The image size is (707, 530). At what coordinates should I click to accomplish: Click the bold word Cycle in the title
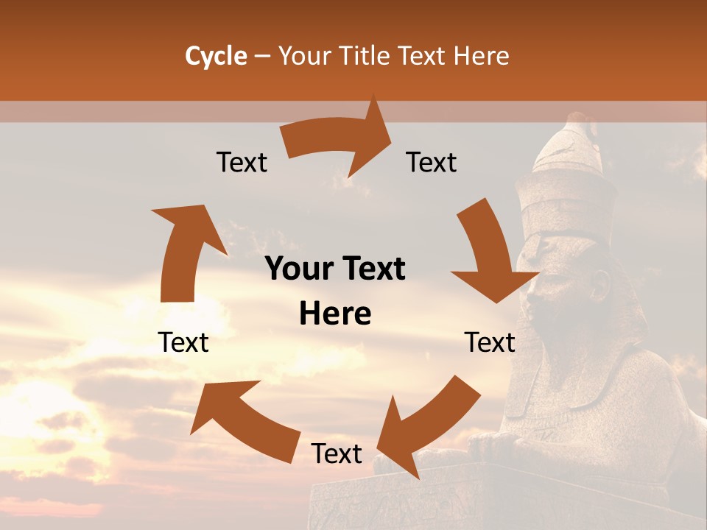[x=216, y=56]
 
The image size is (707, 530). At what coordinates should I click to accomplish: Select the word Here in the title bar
[x=481, y=56]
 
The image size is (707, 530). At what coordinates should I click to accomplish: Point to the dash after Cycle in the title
[x=262, y=57]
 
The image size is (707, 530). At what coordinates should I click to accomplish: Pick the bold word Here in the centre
[x=335, y=314]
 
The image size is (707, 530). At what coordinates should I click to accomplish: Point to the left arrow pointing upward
[x=184, y=250]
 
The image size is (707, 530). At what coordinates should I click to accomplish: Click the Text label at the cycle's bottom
[x=337, y=453]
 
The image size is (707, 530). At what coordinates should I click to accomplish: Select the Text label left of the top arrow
[x=242, y=162]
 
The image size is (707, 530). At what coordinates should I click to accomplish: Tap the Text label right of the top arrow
[x=432, y=162]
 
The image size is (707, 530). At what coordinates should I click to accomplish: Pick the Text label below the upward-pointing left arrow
[x=183, y=342]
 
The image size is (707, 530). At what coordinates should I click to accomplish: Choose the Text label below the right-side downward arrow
[x=490, y=342]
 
